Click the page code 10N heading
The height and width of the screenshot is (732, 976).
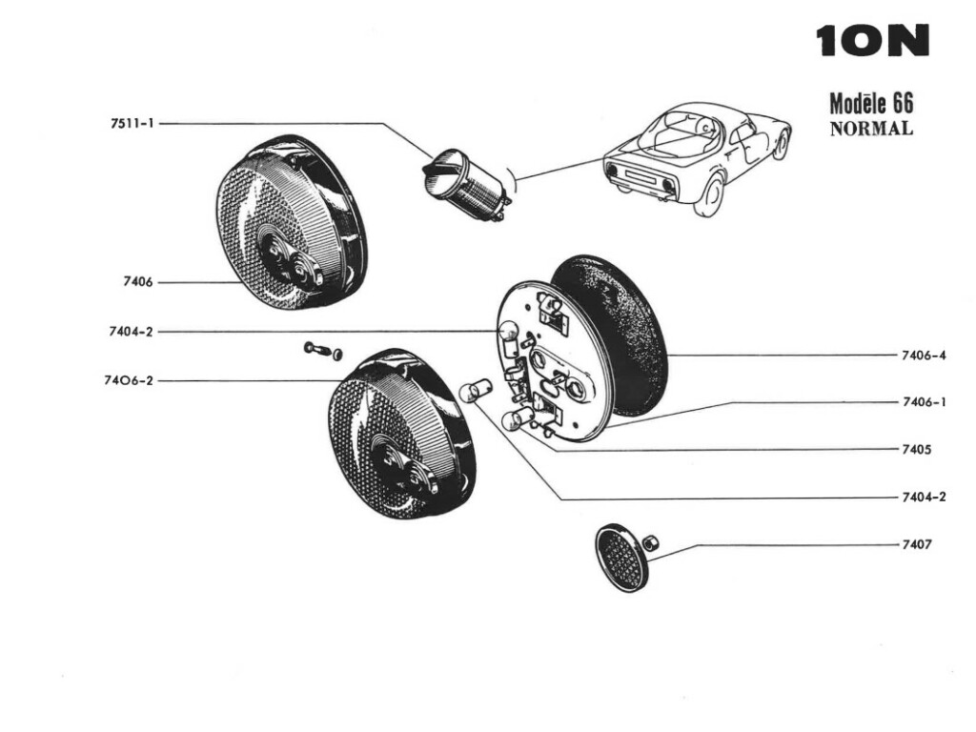[x=872, y=41]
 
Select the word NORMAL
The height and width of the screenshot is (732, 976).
[x=871, y=129]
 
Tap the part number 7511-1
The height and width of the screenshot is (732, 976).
[x=132, y=124]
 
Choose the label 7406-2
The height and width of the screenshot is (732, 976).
[x=130, y=380]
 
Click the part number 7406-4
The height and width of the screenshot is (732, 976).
[x=923, y=356]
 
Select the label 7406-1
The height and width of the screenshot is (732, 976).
[x=923, y=402]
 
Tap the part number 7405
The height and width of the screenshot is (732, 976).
[x=916, y=449]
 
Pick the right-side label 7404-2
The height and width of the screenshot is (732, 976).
[x=923, y=498]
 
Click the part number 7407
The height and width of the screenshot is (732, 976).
[x=916, y=545]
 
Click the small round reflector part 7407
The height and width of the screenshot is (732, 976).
[x=620, y=557]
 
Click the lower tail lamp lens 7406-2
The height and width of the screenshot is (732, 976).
[x=401, y=435]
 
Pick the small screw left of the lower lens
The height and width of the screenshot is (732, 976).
[x=315, y=349]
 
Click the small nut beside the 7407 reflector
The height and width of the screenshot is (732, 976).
[x=653, y=543]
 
